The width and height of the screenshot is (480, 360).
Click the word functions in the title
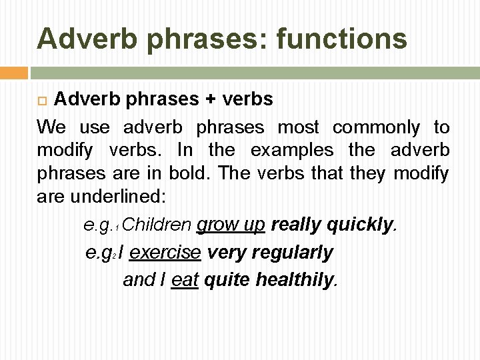coord(341,38)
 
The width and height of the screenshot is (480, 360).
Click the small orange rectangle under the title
coord(13,72)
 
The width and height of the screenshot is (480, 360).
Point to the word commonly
coord(376,127)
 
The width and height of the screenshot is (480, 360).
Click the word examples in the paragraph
coord(293,150)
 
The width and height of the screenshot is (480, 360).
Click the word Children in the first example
coord(157,225)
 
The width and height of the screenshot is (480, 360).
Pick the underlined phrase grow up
coord(231,225)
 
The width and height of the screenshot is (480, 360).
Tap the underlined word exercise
coord(165,253)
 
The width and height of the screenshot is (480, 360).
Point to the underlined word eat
coord(185,281)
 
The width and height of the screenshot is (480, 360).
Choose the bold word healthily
coord(295,281)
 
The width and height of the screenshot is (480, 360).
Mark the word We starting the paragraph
coord(52,127)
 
